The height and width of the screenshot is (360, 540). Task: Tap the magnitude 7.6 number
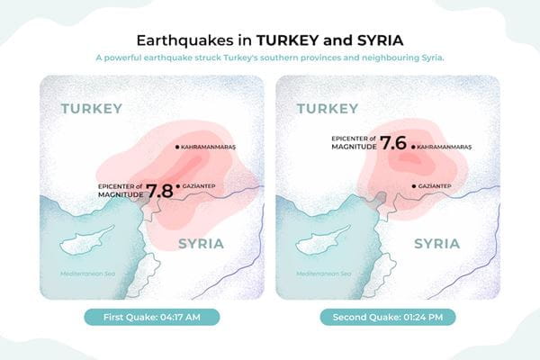coord(393,143)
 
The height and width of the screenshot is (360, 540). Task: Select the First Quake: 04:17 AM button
coord(151,317)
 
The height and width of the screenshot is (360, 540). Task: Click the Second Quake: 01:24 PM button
coord(388,317)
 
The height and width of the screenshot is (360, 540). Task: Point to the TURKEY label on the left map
coord(91,109)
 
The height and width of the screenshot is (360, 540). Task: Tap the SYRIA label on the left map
coord(201,244)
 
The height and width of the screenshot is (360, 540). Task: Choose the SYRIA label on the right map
coord(436,244)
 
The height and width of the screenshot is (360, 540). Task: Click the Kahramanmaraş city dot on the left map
coord(177,146)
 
